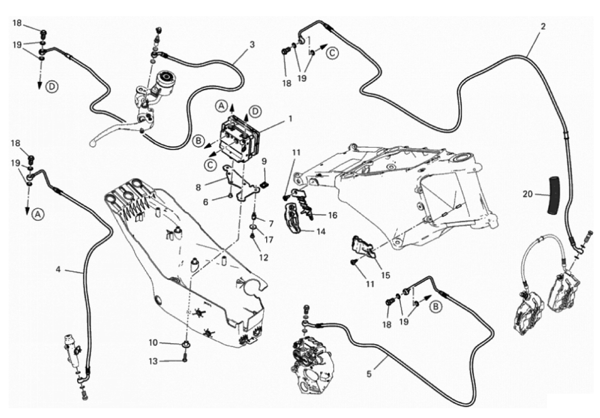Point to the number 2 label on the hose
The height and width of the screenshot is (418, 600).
[x=543, y=26]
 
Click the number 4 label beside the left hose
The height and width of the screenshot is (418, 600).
[x=58, y=270]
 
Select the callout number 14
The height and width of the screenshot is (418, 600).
[x=321, y=232]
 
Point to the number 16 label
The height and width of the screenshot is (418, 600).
[x=333, y=215]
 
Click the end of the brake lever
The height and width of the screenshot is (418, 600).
[x=93, y=144]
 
